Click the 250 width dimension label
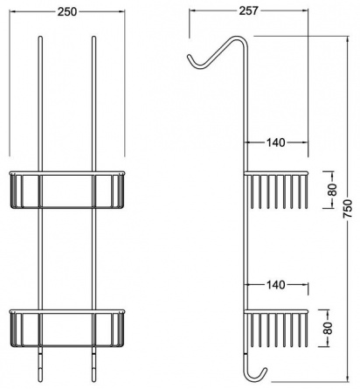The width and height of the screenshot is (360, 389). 67,11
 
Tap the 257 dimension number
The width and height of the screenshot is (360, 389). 248,10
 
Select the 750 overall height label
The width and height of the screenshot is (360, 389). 348,209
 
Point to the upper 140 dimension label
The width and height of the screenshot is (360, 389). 275,142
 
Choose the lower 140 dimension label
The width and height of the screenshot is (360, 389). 275,285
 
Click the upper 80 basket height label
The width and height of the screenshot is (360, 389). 333,190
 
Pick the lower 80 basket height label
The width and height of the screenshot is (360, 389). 328,328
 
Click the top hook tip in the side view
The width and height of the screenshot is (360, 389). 189,56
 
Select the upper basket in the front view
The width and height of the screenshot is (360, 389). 67,190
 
